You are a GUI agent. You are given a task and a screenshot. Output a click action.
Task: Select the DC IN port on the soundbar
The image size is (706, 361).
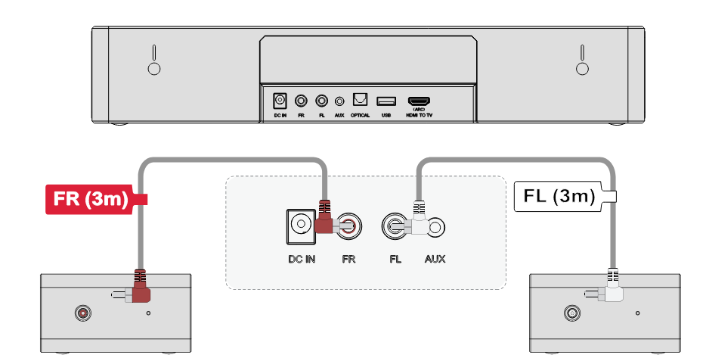280,101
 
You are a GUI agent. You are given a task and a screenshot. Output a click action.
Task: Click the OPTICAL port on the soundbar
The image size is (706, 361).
361,100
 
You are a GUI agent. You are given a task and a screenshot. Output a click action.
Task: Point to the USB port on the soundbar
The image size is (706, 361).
386,101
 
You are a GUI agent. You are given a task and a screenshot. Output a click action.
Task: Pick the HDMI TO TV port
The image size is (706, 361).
419,101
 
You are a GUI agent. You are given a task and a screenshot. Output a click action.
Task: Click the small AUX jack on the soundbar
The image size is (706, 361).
339,101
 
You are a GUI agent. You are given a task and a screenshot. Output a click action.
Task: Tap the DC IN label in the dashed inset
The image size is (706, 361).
302,259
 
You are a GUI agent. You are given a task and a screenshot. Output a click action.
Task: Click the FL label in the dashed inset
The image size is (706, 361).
395,259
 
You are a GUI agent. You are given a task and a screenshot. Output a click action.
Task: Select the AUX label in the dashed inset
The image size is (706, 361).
435,259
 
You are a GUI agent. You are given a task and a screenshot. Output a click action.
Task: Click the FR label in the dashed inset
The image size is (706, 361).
349,259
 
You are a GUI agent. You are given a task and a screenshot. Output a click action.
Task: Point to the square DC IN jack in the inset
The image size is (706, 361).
301,226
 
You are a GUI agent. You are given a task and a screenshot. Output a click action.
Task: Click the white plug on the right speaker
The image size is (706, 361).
613,288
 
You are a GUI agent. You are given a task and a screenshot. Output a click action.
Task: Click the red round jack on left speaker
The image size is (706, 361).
83,313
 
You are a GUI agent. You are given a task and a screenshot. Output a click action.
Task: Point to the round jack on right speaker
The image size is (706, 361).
571,313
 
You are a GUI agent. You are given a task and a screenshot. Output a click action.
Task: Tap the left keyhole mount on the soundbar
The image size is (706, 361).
154,60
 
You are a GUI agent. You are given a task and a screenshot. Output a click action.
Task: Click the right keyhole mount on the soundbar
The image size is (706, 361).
583,60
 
